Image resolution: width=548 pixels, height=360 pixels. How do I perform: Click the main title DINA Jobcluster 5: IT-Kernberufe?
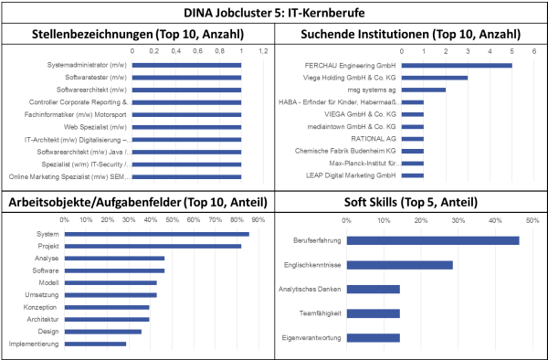click(274, 13)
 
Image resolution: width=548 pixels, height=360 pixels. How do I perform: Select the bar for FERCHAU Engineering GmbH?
click(457, 66)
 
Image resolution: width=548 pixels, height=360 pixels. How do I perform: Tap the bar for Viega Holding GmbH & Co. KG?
click(435, 78)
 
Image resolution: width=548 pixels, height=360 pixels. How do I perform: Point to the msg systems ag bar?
click(424, 90)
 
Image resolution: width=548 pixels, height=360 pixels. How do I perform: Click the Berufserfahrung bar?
click(433, 240)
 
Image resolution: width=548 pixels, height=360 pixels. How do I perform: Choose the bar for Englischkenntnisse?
click(400, 265)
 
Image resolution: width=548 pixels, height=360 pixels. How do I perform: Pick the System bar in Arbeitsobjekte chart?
click(157, 234)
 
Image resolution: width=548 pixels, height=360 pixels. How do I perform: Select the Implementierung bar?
click(95, 344)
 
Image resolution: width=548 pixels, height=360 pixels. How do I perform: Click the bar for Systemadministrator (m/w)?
click(186, 65)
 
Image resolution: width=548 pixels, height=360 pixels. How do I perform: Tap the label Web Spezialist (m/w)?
click(95, 127)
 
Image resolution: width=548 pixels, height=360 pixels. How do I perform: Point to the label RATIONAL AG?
click(374, 139)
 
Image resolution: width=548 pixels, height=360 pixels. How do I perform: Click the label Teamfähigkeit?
click(321, 313)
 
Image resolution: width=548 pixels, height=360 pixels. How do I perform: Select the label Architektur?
click(43, 320)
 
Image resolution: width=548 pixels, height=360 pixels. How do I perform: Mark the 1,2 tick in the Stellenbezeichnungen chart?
click(263, 51)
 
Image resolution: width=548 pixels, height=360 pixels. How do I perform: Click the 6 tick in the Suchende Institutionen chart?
click(534, 51)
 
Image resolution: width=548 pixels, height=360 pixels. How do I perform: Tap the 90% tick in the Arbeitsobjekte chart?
click(258, 220)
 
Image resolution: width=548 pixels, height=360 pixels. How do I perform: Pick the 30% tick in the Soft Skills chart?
click(458, 220)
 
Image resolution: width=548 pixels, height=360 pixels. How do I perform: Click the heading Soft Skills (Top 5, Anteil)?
click(411, 202)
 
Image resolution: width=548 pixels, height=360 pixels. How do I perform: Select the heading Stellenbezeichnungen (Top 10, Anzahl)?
click(138, 34)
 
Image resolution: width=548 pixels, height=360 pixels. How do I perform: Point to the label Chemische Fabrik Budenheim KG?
click(345, 151)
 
